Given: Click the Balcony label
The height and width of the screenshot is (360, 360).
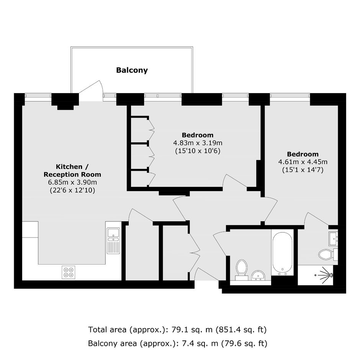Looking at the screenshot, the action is pyautogui.click(x=132, y=70).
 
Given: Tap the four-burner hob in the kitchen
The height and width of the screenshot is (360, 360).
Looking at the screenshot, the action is pyautogui.click(x=69, y=272).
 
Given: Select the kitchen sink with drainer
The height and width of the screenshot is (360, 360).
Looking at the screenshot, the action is pyautogui.click(x=113, y=241).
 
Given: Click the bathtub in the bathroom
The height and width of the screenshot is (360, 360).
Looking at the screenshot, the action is pyautogui.click(x=282, y=252).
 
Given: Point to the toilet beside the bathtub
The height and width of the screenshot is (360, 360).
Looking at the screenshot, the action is pyautogui.click(x=242, y=270).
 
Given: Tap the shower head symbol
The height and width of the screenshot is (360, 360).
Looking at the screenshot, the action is pyautogui.click(x=326, y=274).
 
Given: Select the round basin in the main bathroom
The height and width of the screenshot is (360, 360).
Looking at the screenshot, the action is pyautogui.click(x=258, y=275).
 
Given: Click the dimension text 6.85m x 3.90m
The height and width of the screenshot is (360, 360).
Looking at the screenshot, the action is pyautogui.click(x=72, y=182).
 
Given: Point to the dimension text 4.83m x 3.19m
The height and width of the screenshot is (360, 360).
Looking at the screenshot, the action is pyautogui.click(x=198, y=143).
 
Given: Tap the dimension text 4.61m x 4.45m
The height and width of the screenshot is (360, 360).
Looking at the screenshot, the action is pyautogui.click(x=303, y=162).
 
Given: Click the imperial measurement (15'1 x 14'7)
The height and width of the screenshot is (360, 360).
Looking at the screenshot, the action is pyautogui.click(x=303, y=170).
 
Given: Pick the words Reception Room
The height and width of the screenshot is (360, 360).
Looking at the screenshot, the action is pyautogui.click(x=72, y=175).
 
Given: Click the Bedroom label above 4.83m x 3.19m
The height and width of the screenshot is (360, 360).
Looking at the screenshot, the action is pyautogui.click(x=198, y=135).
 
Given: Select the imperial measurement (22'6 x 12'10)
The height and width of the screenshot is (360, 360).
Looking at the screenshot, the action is pyautogui.click(x=72, y=190).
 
